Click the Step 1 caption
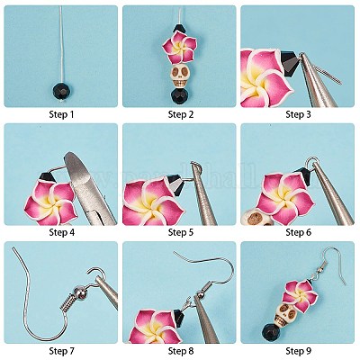point(60,114)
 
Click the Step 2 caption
point(180,114)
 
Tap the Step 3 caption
point(299,114)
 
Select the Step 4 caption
point(60,232)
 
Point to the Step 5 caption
point(180,232)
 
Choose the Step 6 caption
point(299,232)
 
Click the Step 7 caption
point(60,351)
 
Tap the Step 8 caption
point(180,351)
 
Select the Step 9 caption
point(299,351)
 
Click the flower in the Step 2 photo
point(179,46)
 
